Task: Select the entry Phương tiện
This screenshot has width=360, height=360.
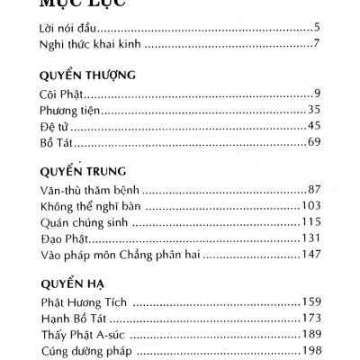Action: click(x=70, y=111)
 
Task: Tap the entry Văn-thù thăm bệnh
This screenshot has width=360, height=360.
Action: click(x=91, y=190)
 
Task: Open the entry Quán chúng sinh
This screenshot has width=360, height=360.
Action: click(x=83, y=223)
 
